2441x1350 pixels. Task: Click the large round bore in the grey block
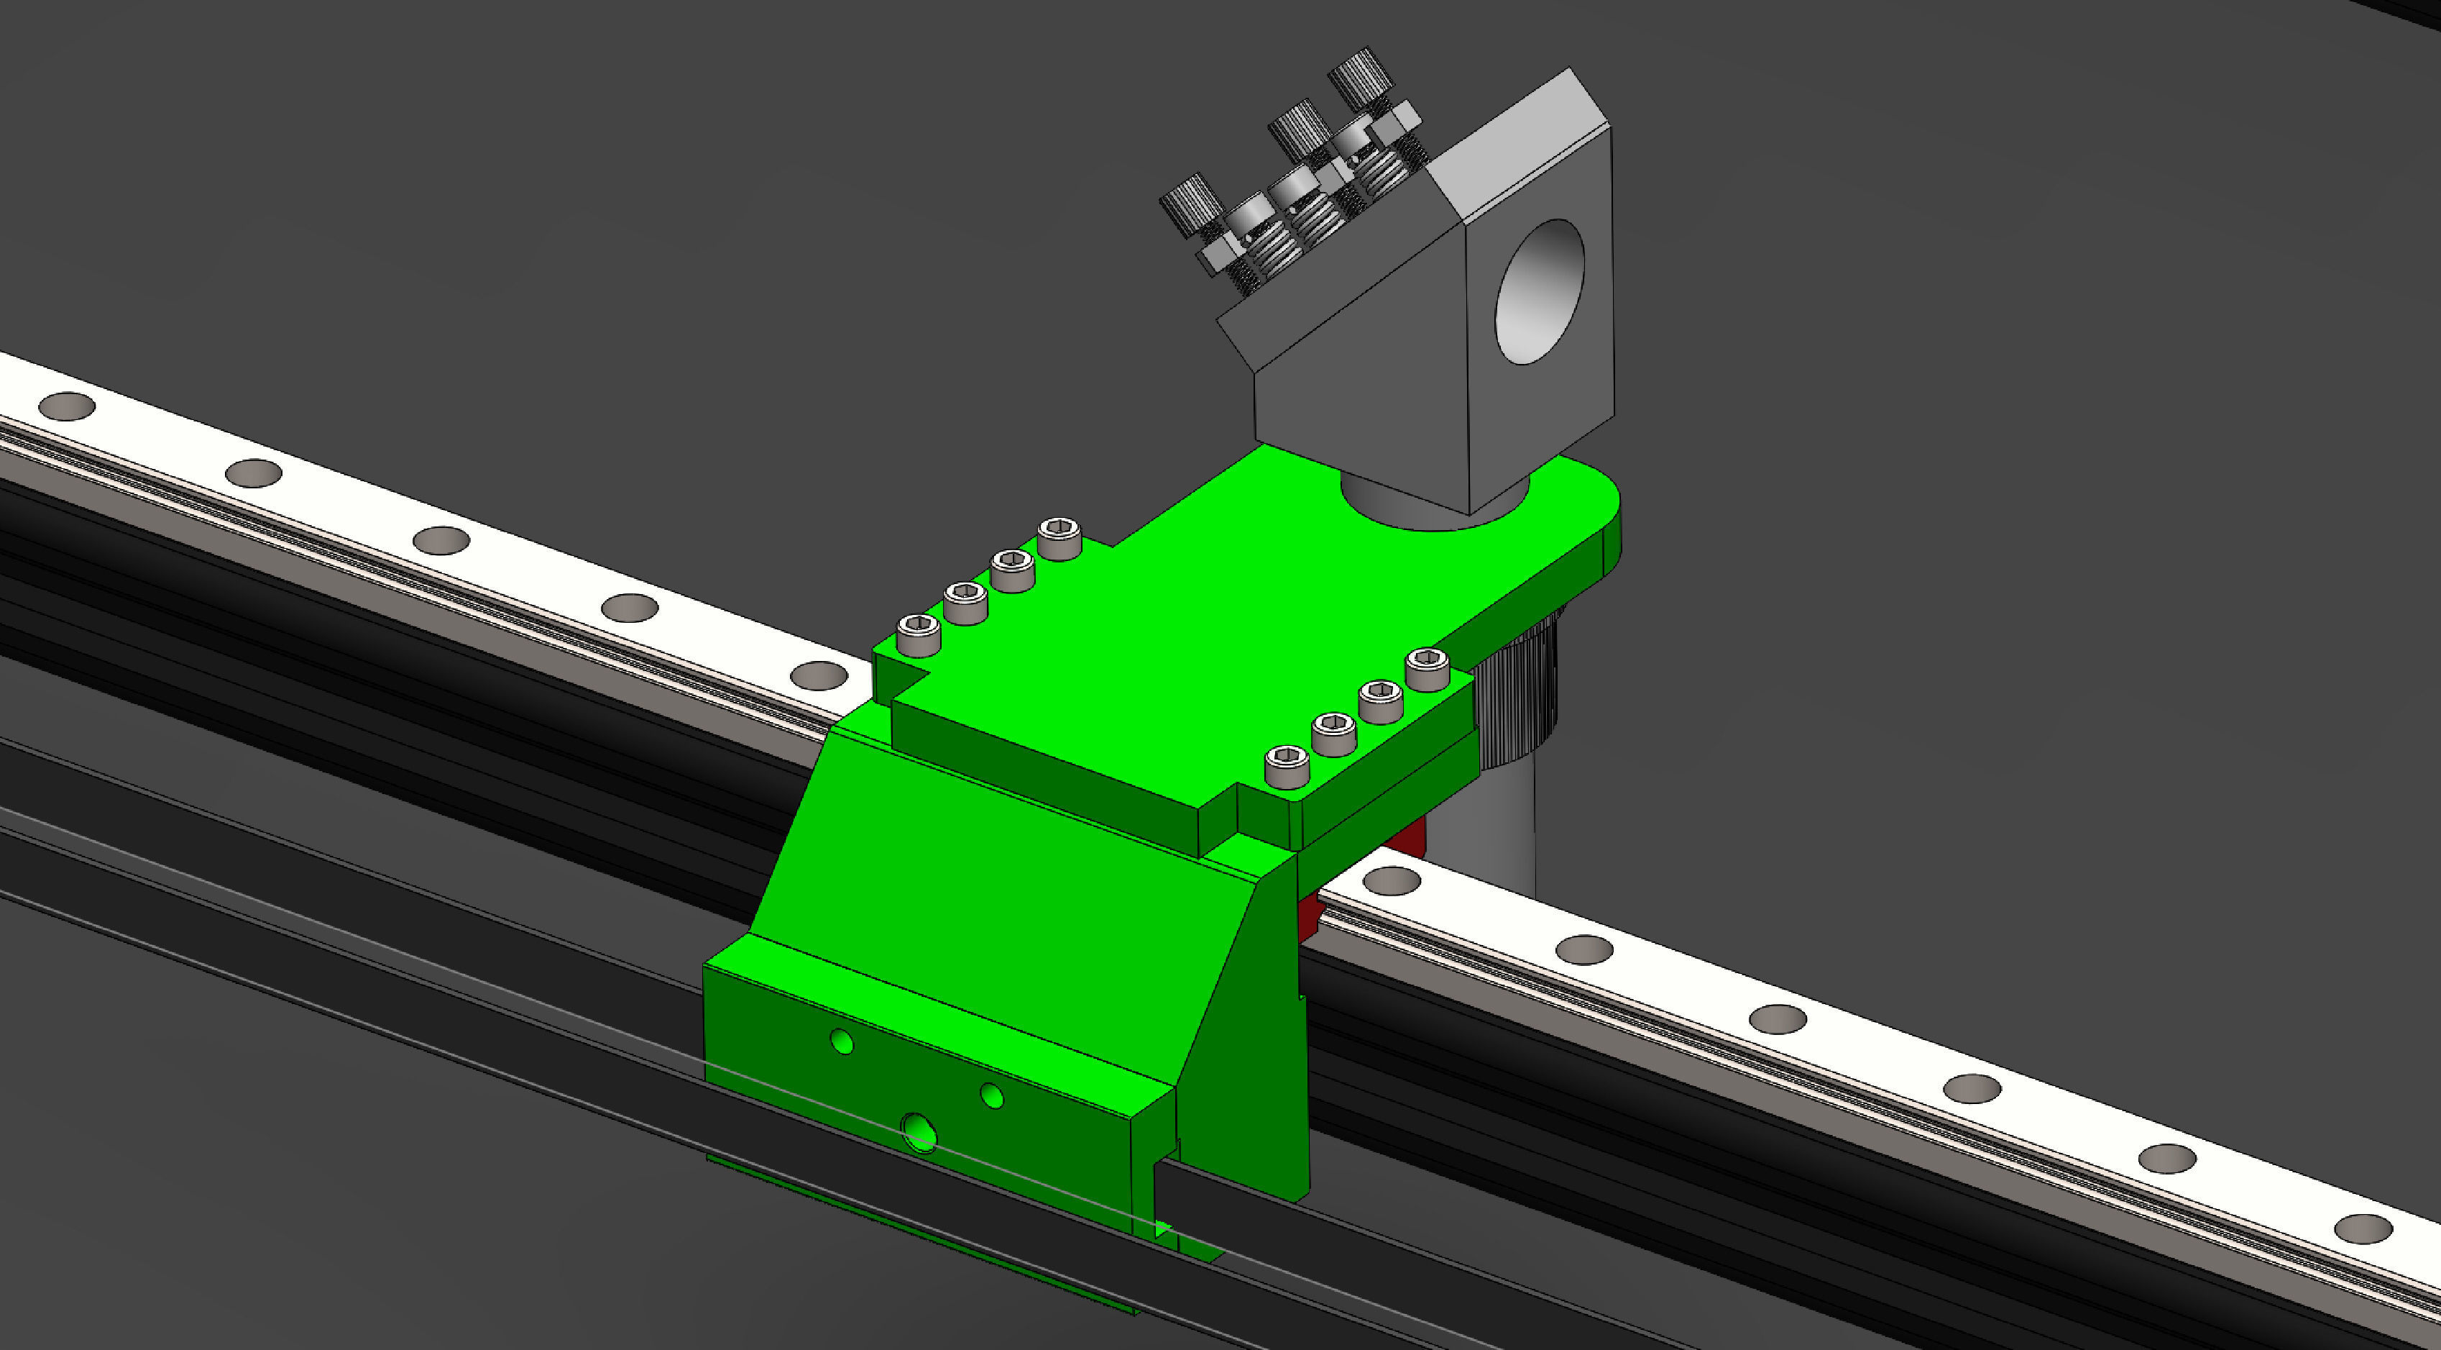pyautogui.click(x=1539, y=292)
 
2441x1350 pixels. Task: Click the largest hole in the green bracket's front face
pyautogui.click(x=919, y=1131)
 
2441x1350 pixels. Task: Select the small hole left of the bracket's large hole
pyautogui.click(x=842, y=1042)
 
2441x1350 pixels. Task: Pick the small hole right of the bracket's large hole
pyautogui.click(x=991, y=1097)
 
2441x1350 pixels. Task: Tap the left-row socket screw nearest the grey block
pyautogui.click(x=1059, y=537)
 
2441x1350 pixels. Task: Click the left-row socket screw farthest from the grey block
pyautogui.click(x=918, y=634)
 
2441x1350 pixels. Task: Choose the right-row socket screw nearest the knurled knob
pyautogui.click(x=1427, y=668)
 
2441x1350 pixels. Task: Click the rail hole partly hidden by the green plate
pyautogui.click(x=821, y=675)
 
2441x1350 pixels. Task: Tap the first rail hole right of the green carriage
pyautogui.click(x=1391, y=881)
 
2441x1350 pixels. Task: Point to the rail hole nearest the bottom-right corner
pyautogui.click(x=2363, y=1228)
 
